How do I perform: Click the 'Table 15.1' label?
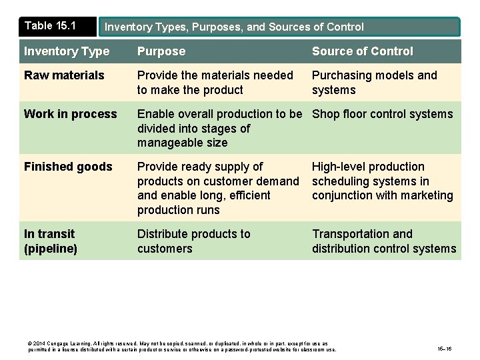click(50, 26)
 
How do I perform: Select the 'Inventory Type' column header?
click(67, 51)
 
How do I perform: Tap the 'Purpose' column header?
click(161, 51)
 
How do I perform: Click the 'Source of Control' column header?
click(362, 51)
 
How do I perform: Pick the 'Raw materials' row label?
click(64, 75)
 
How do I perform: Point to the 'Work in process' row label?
click(70, 114)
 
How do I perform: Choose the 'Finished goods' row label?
click(68, 167)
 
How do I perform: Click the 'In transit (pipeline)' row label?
click(51, 241)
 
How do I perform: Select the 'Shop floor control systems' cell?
click(382, 114)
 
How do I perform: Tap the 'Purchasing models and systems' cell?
click(374, 83)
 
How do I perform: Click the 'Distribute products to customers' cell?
click(193, 241)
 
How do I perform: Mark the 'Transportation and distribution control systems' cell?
click(384, 241)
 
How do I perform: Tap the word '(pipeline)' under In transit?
click(51, 249)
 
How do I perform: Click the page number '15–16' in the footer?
click(445, 349)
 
